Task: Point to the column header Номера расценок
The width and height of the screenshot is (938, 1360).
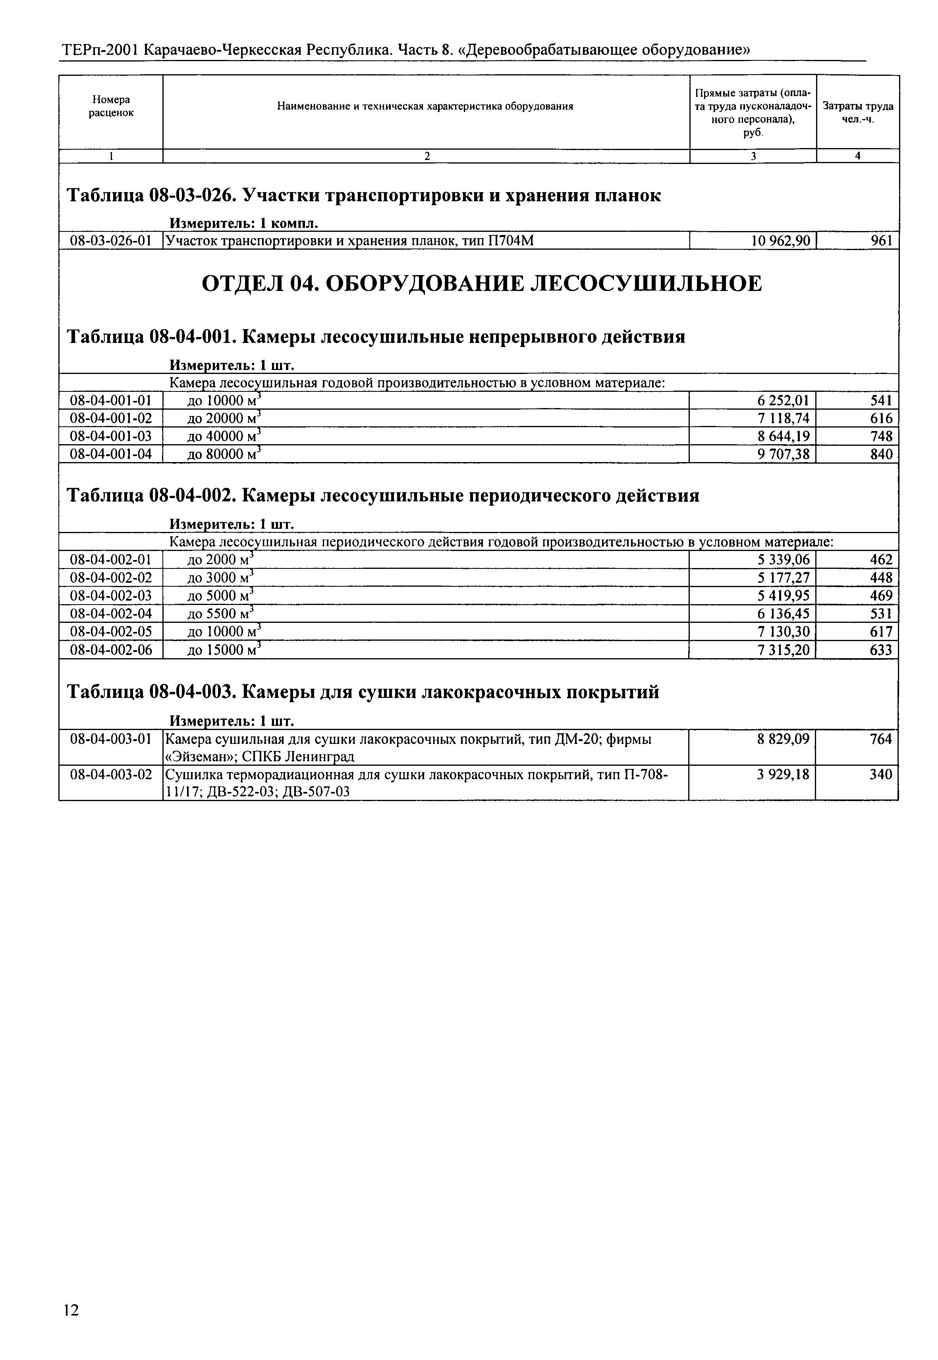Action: point(111,106)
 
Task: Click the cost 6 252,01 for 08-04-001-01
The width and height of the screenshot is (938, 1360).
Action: point(783,401)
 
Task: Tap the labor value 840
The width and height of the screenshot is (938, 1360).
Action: point(881,454)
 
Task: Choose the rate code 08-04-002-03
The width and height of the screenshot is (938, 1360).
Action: point(110,596)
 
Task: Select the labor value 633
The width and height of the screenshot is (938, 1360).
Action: point(881,650)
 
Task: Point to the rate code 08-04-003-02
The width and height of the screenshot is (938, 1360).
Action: point(110,775)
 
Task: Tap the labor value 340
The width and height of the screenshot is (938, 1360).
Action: point(881,775)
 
